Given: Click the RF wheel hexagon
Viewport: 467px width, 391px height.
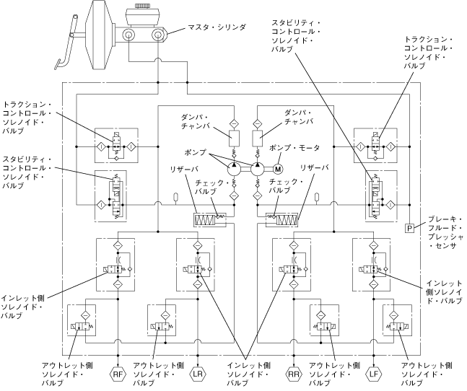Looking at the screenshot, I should pos(118,374).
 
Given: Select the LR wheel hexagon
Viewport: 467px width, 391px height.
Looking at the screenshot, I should pos(198,374).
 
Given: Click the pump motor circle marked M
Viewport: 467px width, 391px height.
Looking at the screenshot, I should pos(277,170).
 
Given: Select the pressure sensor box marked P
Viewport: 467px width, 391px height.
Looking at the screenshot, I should pos(409,227).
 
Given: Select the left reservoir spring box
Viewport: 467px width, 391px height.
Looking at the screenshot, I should pos(210,218).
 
